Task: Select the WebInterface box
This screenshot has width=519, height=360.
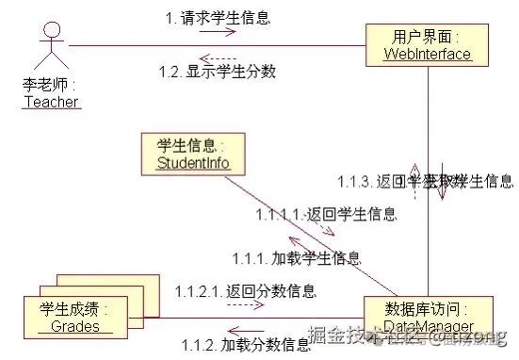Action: [x=428, y=45]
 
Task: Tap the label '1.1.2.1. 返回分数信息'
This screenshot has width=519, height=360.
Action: [x=245, y=290]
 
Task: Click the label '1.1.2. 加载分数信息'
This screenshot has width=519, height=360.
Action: [x=246, y=344]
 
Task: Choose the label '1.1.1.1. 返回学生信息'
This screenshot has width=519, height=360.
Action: [x=326, y=214]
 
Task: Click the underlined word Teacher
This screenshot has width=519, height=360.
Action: [x=51, y=102]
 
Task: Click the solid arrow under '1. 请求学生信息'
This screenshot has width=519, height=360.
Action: [x=217, y=32]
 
